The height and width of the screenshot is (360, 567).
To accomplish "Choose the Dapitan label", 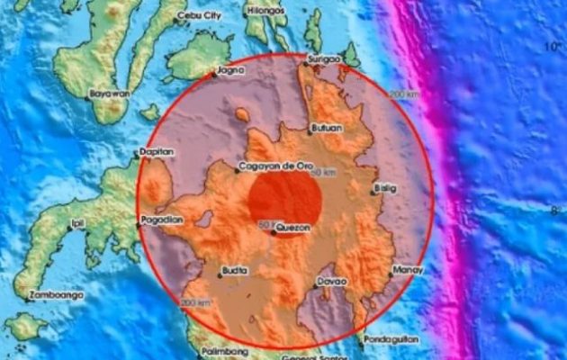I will (157, 153).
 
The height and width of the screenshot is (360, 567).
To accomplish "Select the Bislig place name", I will (385, 188).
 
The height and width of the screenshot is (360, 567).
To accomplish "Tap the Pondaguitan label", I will (390, 340).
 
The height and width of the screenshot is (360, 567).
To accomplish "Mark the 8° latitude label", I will (555, 212).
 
